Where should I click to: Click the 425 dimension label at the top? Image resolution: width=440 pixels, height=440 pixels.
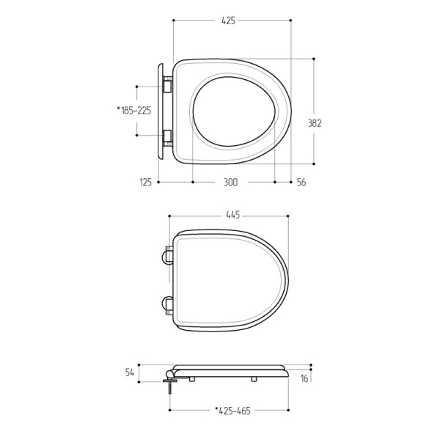tap(228, 21)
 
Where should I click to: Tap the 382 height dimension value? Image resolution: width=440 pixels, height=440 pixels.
tap(315, 123)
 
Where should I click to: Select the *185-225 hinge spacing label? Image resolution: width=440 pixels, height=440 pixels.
tap(134, 110)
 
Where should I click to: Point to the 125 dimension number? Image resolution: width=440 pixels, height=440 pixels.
tap(146, 183)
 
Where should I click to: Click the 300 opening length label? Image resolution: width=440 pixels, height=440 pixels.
tap(230, 183)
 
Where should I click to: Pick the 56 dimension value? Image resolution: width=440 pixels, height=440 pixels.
tap(301, 183)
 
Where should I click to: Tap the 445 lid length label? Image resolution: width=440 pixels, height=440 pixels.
tap(233, 215)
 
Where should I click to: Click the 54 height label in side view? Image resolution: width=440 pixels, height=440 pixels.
tap(130, 373)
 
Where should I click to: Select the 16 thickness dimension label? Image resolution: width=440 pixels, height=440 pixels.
tap(304, 379)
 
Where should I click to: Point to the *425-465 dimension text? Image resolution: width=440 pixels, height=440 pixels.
tap(232, 411)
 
